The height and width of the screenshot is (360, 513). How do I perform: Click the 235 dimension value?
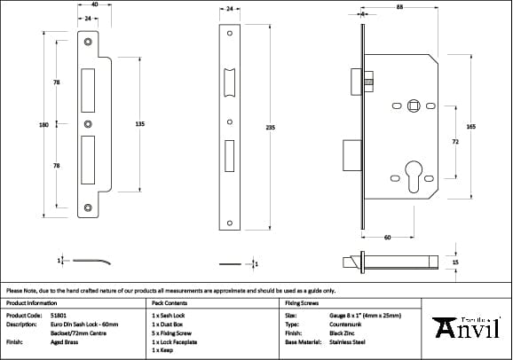click(270, 128)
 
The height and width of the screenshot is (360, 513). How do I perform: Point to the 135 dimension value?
click(139, 125)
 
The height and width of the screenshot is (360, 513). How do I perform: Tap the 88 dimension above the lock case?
click(400, 8)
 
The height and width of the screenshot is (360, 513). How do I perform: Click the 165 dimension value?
click(470, 128)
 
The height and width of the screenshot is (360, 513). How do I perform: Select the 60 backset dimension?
click(388, 237)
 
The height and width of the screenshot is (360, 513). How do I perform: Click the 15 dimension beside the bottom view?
click(456, 263)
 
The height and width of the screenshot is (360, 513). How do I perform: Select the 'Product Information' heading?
click(32, 302)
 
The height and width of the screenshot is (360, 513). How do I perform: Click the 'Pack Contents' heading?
click(169, 302)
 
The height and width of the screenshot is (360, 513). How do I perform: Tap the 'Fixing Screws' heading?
click(301, 302)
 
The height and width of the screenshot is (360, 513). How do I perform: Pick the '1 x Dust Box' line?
click(170, 324)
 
